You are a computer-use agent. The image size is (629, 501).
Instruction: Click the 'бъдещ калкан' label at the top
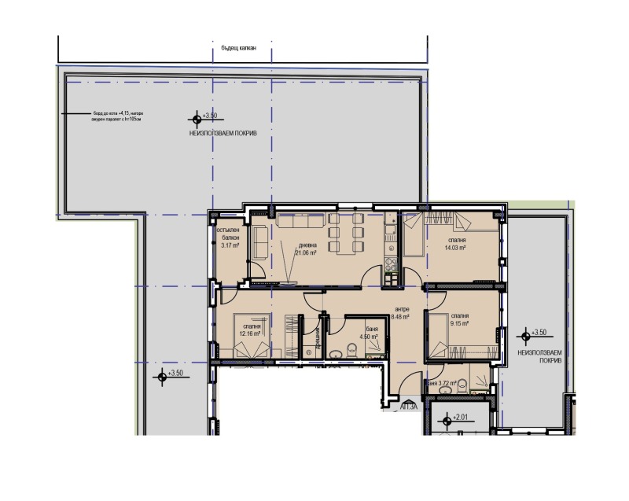(241, 49)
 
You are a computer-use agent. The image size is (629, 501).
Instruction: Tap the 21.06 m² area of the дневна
(305, 253)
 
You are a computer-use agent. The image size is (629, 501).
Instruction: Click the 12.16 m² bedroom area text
(251, 333)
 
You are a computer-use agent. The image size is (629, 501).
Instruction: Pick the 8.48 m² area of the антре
(403, 319)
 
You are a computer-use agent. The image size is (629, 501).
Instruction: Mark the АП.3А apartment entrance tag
(409, 407)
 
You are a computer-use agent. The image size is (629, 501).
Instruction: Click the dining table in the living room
(345, 234)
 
